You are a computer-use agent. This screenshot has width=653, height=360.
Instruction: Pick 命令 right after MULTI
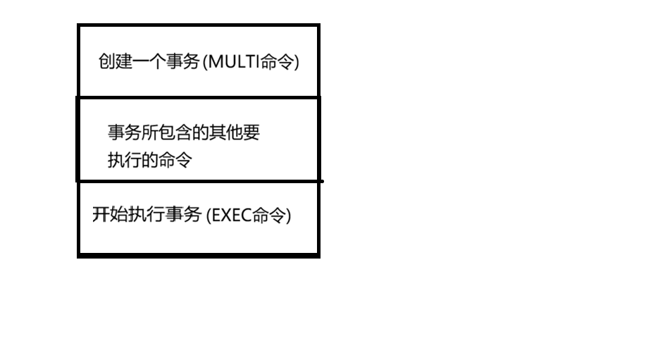(x=276, y=63)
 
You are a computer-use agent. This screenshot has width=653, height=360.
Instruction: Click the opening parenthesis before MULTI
(x=204, y=63)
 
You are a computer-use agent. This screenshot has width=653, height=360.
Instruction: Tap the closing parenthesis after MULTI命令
(x=297, y=63)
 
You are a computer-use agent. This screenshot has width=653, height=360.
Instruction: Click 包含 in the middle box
(x=175, y=132)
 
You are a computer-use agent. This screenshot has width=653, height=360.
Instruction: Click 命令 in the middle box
(x=175, y=160)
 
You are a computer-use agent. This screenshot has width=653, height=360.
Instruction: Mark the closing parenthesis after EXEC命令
(x=288, y=215)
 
